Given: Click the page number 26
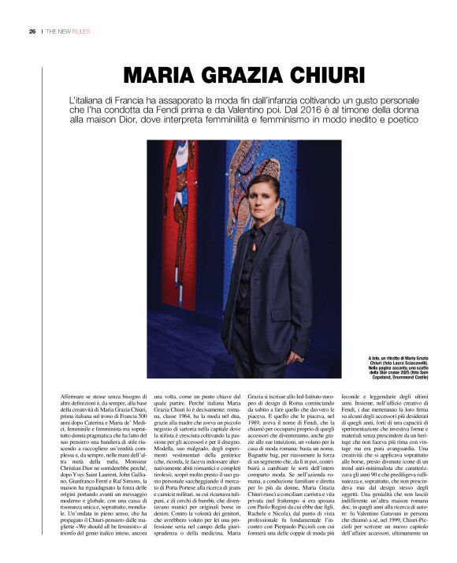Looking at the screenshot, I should point(32,32).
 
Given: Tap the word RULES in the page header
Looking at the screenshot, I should point(81,32).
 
